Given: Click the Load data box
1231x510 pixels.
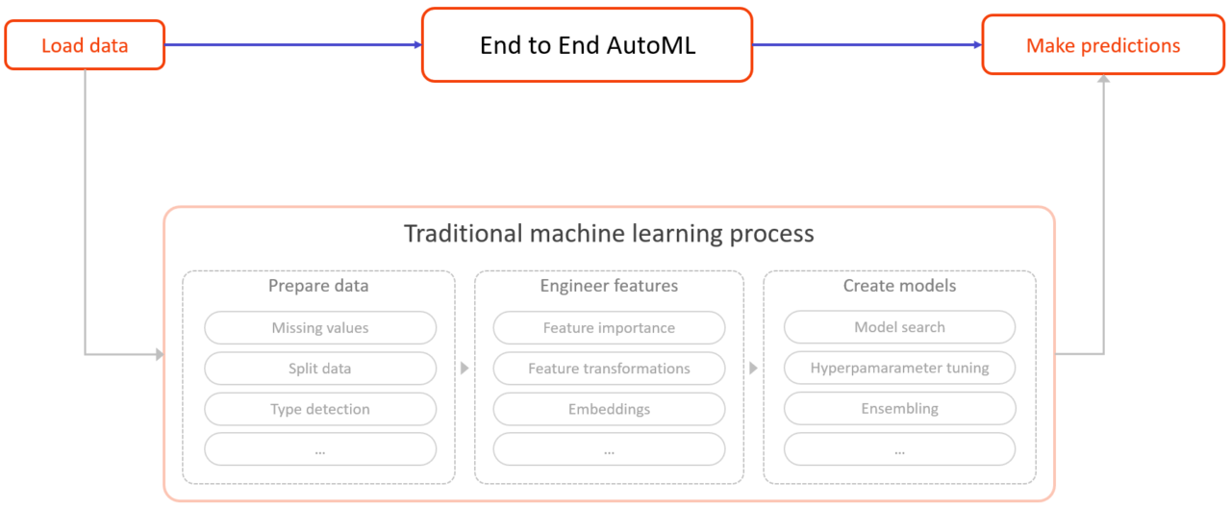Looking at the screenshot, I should click(x=85, y=45).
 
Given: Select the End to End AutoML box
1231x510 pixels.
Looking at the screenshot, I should click(x=587, y=45).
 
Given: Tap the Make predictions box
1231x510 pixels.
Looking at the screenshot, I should click(x=1102, y=45).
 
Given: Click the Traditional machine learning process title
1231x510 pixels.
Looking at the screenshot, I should click(x=609, y=234).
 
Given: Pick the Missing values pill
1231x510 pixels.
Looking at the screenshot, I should click(x=319, y=328).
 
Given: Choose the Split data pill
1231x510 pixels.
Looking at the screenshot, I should click(x=319, y=369).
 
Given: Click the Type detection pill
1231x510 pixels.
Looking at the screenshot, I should click(x=319, y=409).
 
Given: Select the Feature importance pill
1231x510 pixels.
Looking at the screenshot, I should click(x=609, y=328).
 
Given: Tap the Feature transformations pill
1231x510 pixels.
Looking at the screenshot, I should click(x=609, y=369).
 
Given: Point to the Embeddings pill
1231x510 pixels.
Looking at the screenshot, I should click(x=609, y=409).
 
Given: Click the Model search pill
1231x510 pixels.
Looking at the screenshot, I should click(x=899, y=327).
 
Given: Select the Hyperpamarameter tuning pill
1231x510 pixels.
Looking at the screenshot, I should click(x=899, y=368).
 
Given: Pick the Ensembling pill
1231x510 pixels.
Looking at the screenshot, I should click(x=899, y=408).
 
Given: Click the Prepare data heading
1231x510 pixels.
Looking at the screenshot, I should click(x=318, y=286).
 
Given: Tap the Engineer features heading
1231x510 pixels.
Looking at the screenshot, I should click(x=609, y=286).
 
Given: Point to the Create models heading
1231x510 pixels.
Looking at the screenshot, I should click(x=899, y=286).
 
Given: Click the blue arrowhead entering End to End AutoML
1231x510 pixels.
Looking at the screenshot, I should click(x=417, y=44).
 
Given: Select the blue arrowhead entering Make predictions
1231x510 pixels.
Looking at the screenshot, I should click(x=976, y=44).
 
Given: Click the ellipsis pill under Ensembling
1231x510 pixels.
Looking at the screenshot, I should click(x=899, y=449).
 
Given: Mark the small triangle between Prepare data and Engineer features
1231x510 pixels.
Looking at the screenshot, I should click(x=465, y=369).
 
